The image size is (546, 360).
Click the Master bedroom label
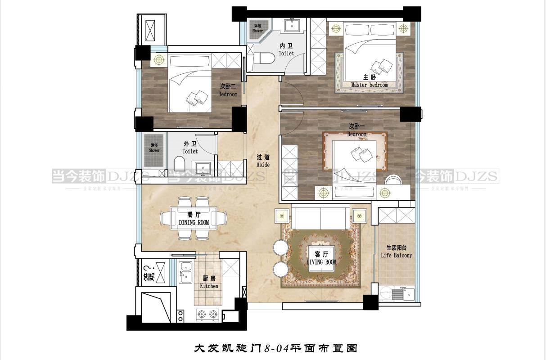369,85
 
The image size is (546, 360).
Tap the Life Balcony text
396,255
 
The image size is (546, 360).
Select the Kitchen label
209,286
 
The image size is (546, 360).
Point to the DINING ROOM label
194,222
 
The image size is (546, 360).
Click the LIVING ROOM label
321,262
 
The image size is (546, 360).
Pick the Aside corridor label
263,165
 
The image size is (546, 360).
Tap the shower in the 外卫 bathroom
154,148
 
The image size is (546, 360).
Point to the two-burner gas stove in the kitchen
208,313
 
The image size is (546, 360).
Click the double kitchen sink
185,273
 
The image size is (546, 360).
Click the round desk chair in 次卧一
395,179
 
